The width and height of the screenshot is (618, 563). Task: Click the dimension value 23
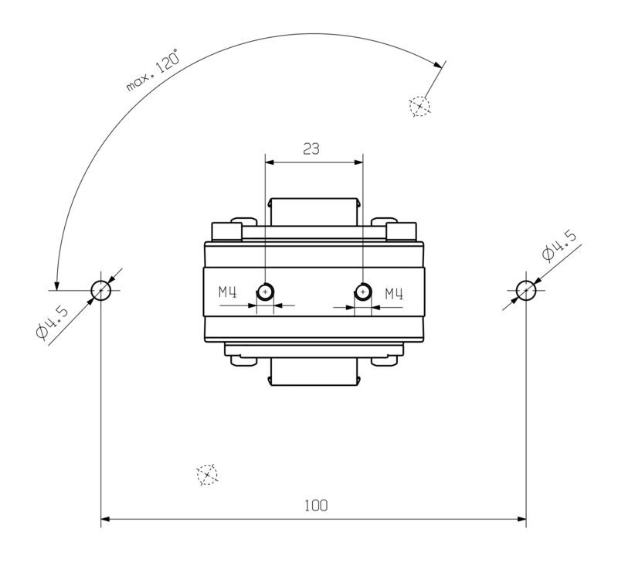point(311,149)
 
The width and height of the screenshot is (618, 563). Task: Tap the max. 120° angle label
point(153,72)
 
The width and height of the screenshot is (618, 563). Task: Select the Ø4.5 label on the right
point(559,245)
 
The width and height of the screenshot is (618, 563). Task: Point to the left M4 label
point(227,292)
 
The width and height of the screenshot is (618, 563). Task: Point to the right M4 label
point(395,292)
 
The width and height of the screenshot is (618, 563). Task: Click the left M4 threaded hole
point(265,292)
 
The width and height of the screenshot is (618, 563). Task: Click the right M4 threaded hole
point(362,292)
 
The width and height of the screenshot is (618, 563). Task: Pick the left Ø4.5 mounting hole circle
point(101,291)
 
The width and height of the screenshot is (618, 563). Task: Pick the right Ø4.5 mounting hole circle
point(527,291)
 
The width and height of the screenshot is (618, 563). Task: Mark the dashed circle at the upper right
point(419,105)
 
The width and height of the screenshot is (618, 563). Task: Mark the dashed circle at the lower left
point(206,474)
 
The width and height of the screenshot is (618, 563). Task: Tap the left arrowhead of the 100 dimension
point(107,518)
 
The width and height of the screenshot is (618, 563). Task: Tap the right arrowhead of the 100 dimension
point(521,518)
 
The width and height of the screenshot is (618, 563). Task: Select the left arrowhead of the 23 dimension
point(270,162)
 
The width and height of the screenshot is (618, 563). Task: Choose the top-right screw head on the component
point(401,230)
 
